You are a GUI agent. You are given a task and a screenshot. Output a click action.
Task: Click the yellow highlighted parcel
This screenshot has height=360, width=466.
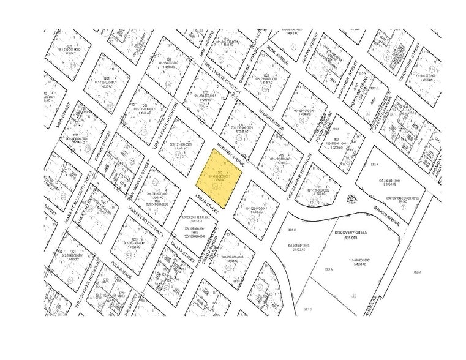coord(219,178)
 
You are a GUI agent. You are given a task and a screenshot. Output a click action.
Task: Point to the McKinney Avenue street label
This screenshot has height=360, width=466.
coord(231,156)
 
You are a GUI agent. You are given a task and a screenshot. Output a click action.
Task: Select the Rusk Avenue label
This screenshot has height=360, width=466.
coord(278,55)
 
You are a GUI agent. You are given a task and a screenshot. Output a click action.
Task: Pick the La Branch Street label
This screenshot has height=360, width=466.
coord(344,79)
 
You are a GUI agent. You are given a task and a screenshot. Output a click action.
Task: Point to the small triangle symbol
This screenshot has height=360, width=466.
coord(351,198)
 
